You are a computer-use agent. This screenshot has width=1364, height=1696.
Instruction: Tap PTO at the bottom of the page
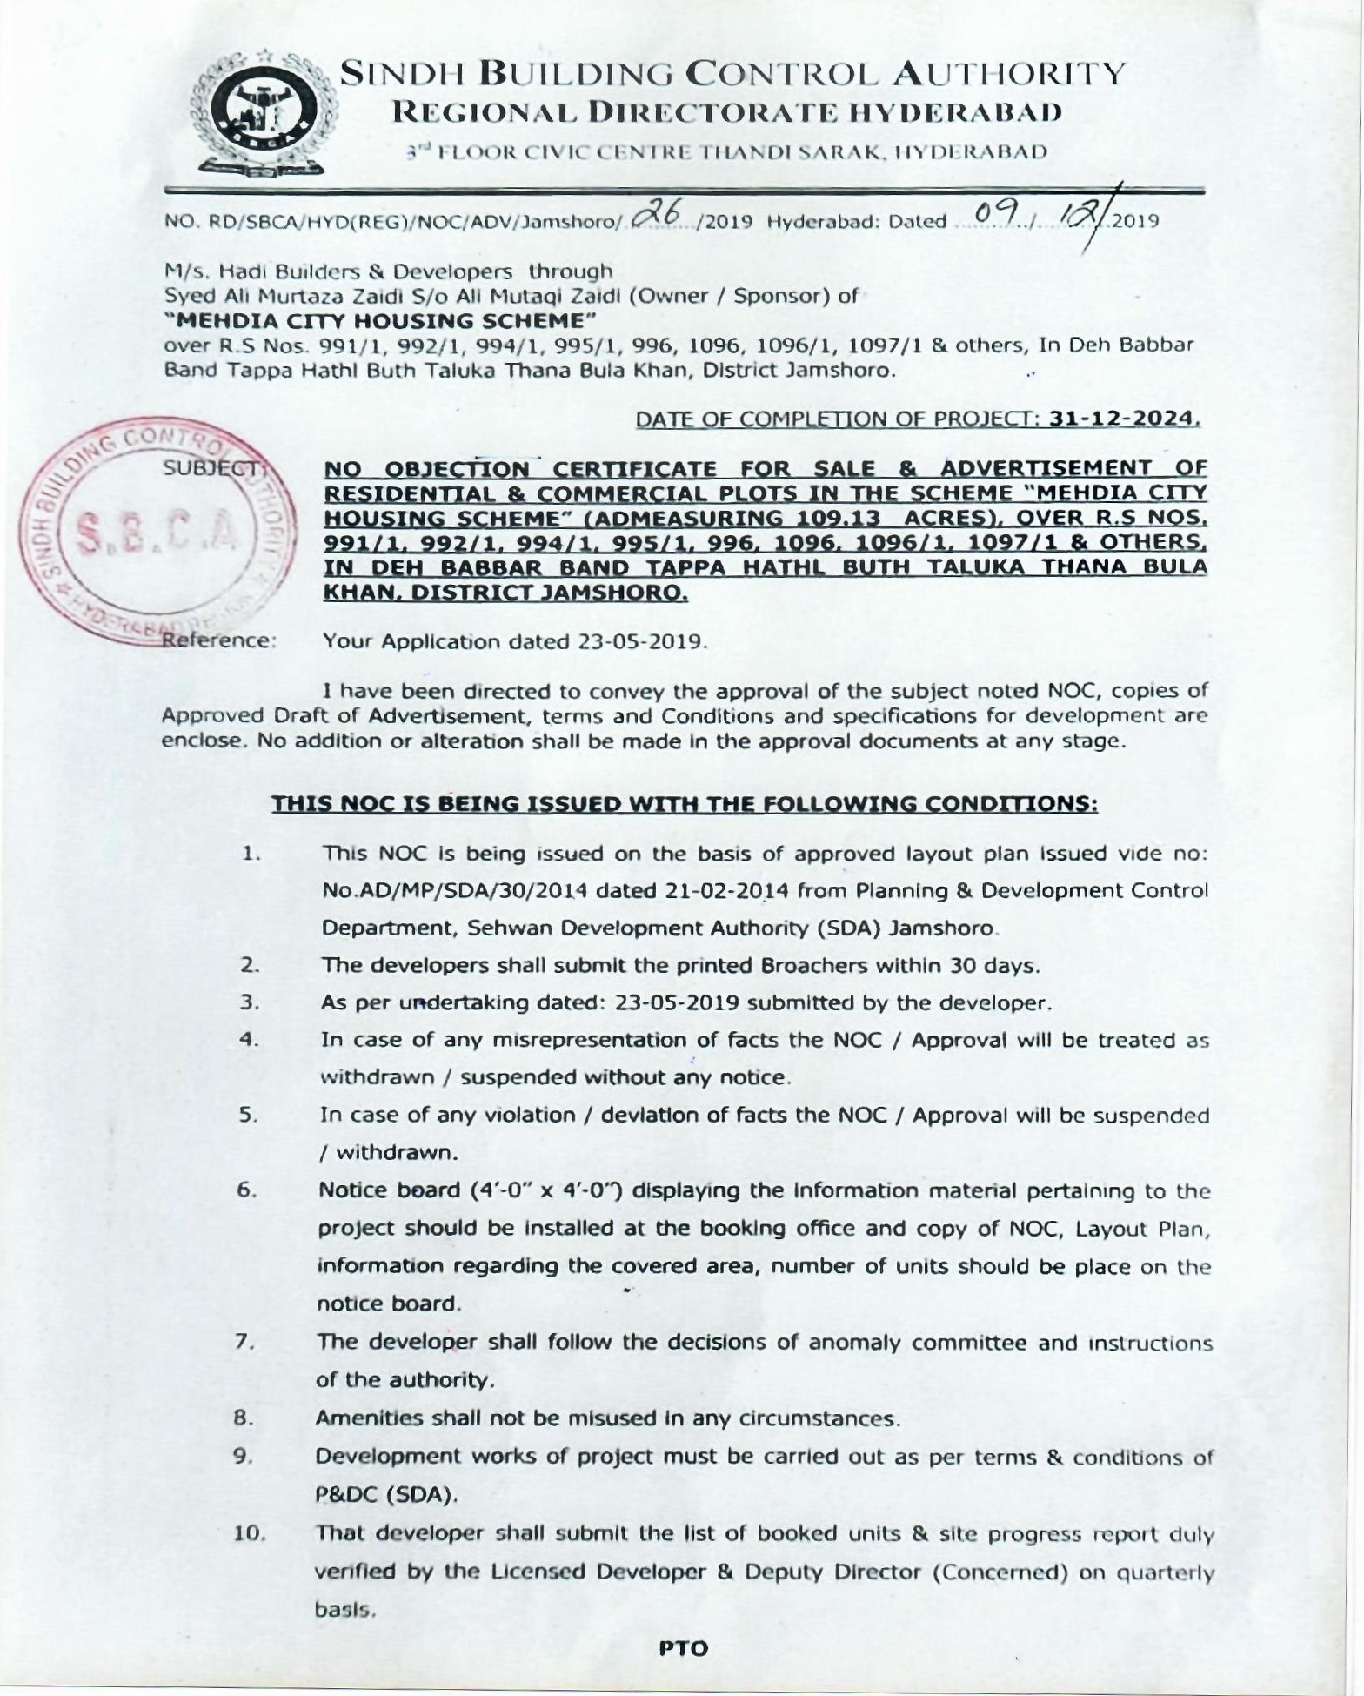point(684,1648)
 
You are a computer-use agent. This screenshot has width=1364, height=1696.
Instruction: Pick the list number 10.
point(250,1533)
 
